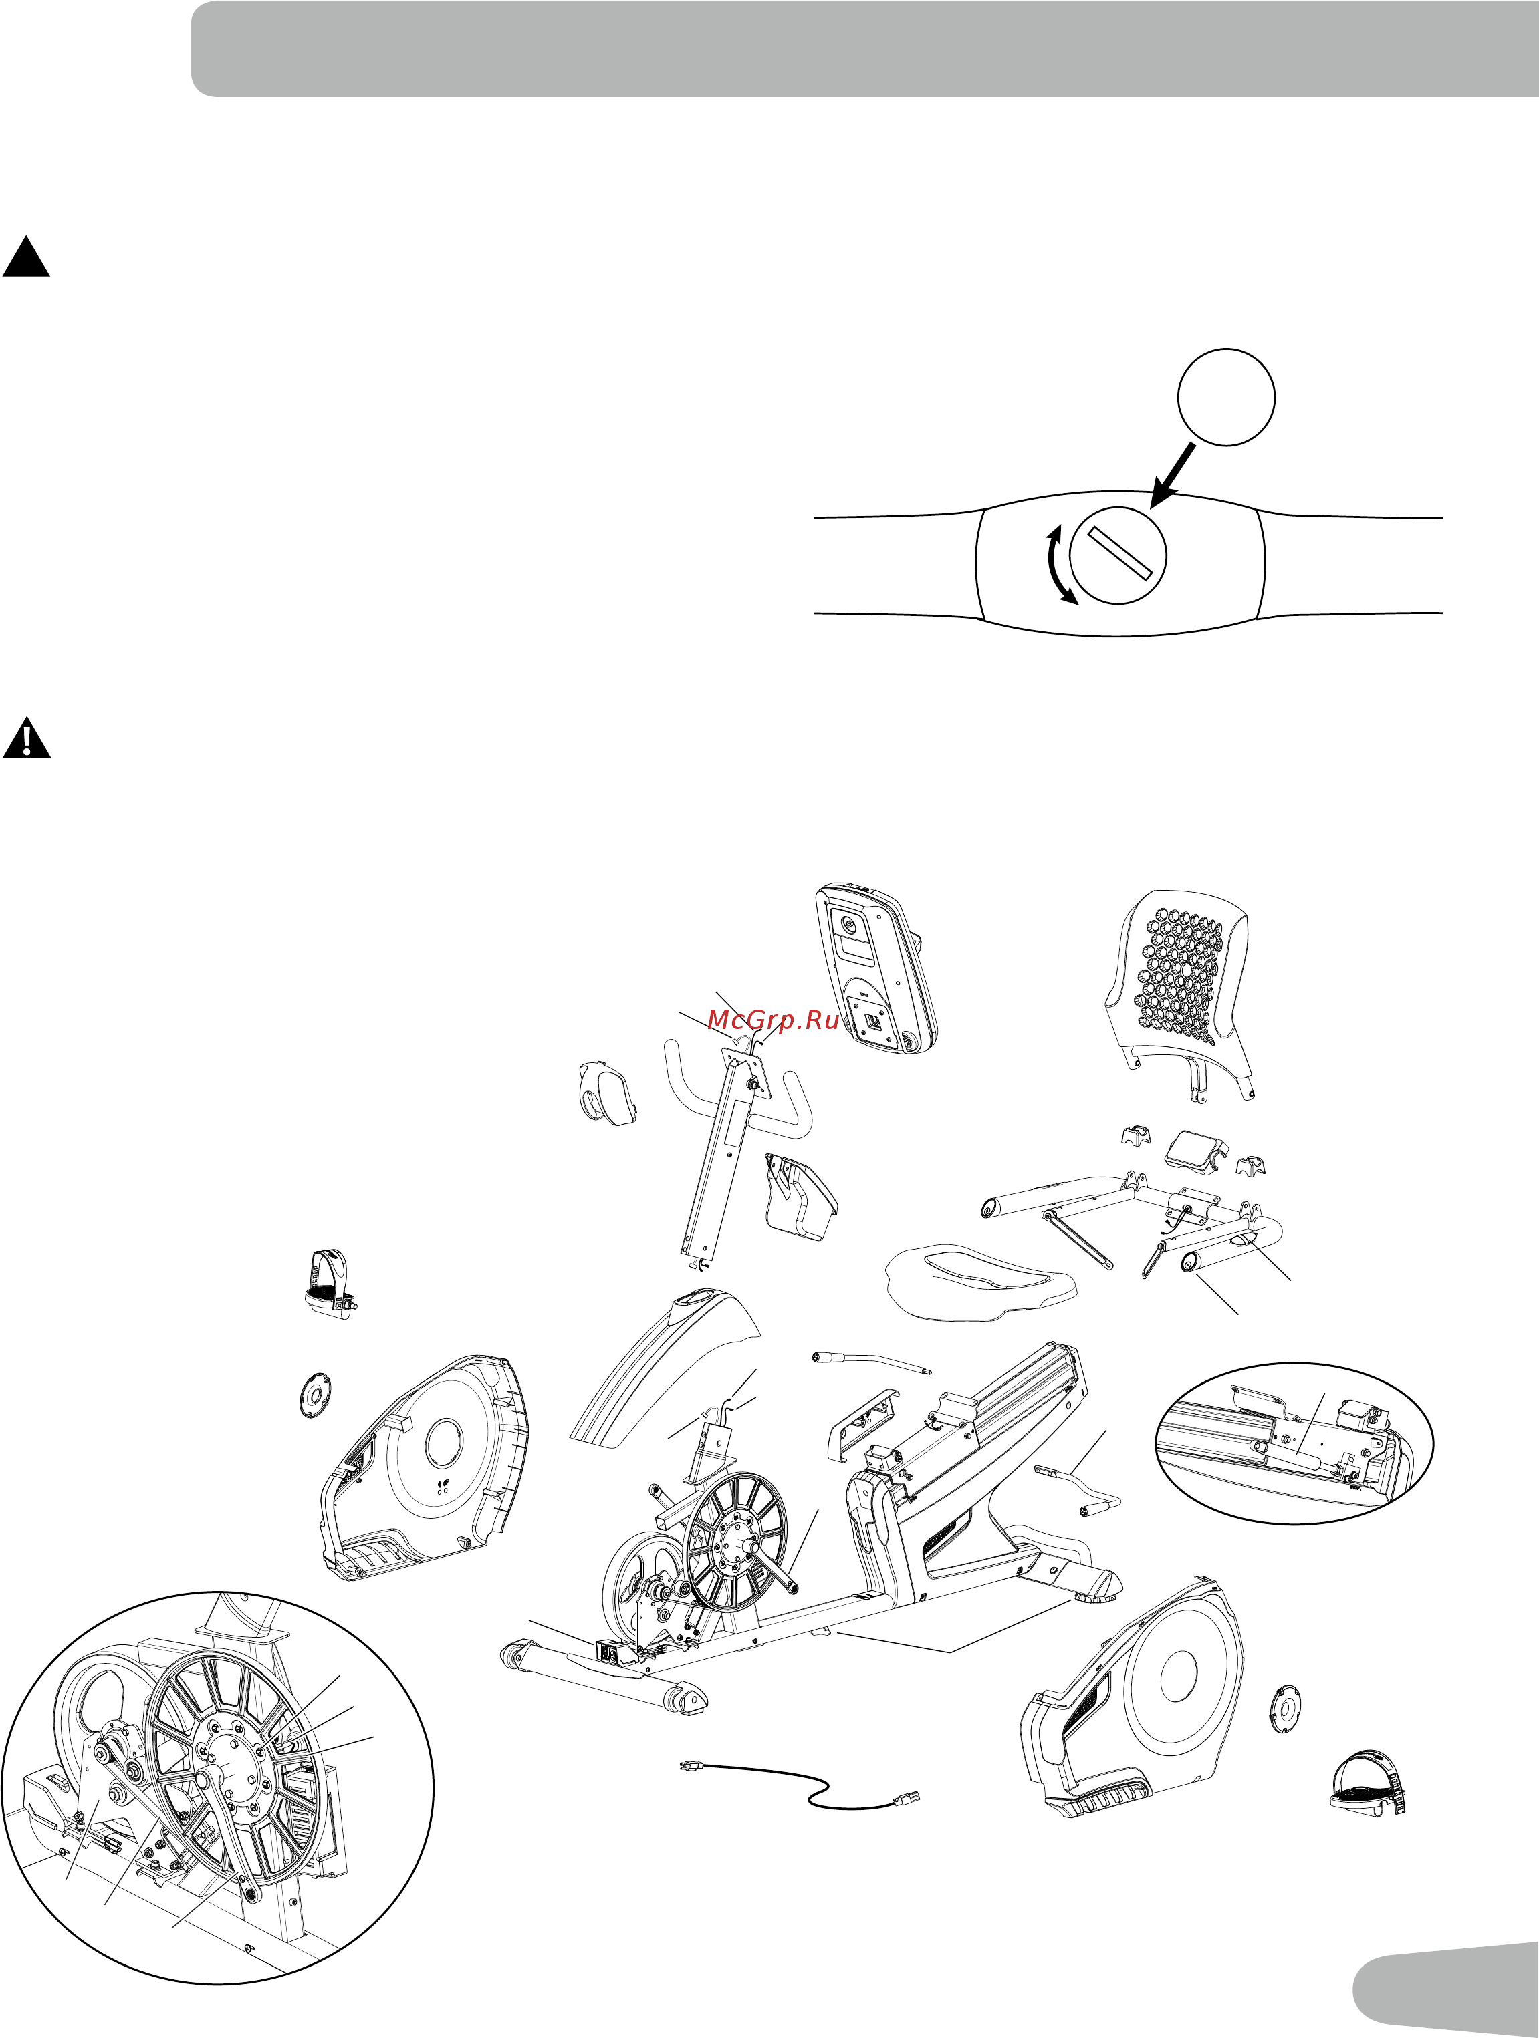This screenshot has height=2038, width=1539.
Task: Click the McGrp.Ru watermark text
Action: coord(774,1021)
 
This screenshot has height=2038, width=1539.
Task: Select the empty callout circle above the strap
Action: coord(1227,398)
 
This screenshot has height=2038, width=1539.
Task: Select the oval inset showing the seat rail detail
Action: coord(1295,1443)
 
